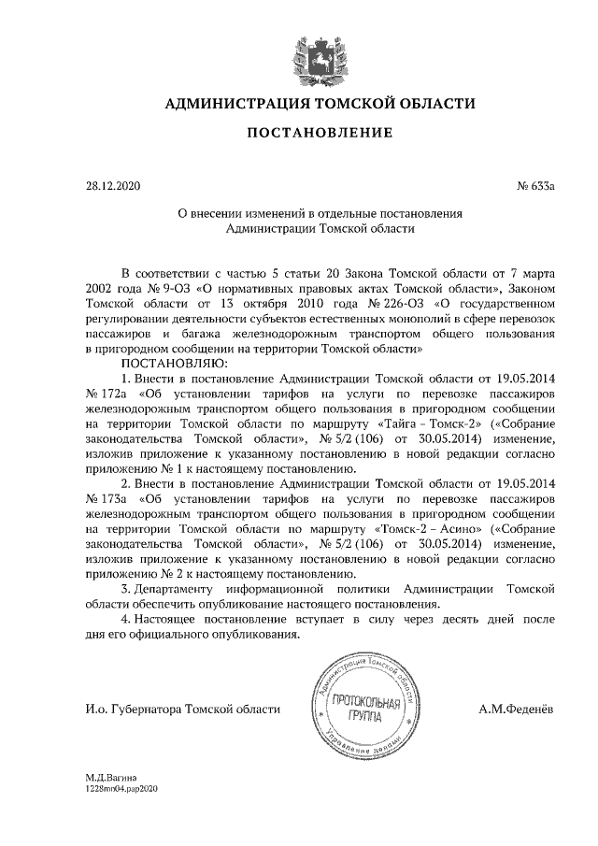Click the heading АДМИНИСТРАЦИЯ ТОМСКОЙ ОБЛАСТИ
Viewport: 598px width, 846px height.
pyautogui.click(x=319, y=103)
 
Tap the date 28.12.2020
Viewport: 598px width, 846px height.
pyautogui.click(x=111, y=186)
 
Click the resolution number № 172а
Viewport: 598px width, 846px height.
pyautogui.click(x=105, y=393)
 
